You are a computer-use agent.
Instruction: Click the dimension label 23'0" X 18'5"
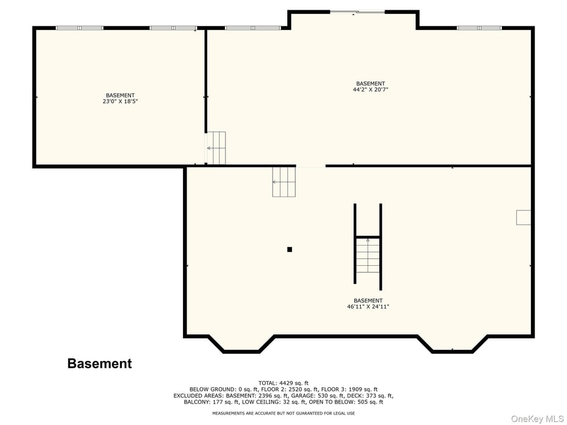coord(120,102)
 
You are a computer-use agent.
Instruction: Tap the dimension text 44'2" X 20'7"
coord(370,90)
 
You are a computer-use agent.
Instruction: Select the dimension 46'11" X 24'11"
coord(368,307)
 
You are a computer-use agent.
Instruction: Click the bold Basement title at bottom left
coord(99,363)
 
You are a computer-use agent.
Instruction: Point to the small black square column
coord(290,249)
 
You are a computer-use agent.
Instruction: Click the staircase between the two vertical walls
coord(368,255)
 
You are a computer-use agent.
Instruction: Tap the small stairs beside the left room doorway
coord(216,148)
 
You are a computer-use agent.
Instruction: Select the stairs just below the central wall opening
coord(283,182)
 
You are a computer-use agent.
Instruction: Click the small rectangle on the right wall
coord(523,217)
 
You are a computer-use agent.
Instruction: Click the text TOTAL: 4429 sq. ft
coord(283,383)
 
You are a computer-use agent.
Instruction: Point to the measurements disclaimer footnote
coord(283,413)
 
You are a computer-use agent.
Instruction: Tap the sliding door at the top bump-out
coord(357,12)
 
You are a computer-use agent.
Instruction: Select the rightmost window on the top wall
coord(479,27)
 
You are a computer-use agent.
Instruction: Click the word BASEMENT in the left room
coord(120,95)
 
